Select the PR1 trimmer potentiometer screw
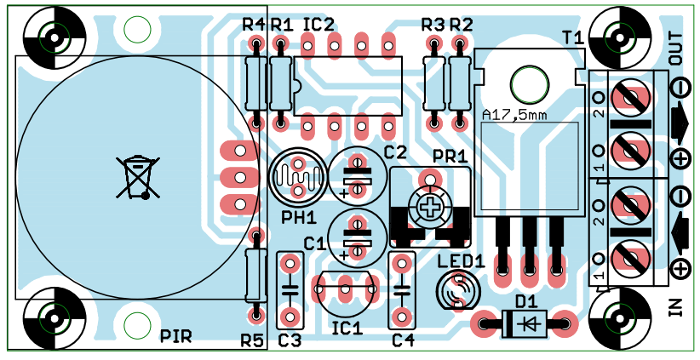433,205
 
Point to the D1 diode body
524,323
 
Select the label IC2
318,25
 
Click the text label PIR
177,337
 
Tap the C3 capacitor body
290,289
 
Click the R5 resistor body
253,275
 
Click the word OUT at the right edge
677,49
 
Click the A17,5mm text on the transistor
514,115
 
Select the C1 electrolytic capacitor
357,236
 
